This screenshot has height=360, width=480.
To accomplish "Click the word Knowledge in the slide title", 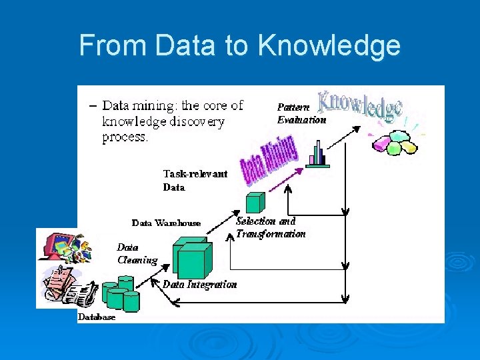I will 329,46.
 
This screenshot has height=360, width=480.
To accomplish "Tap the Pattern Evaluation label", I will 301,113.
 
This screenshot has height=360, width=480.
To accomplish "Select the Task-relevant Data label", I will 195,180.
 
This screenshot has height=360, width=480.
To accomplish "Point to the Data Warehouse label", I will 166,223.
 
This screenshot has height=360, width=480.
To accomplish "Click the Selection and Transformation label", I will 271,227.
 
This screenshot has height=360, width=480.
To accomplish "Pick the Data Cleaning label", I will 137,253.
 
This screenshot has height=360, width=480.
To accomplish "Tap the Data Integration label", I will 199,284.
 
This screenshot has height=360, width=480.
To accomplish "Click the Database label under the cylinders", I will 97,317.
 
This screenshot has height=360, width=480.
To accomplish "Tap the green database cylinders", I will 120,297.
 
